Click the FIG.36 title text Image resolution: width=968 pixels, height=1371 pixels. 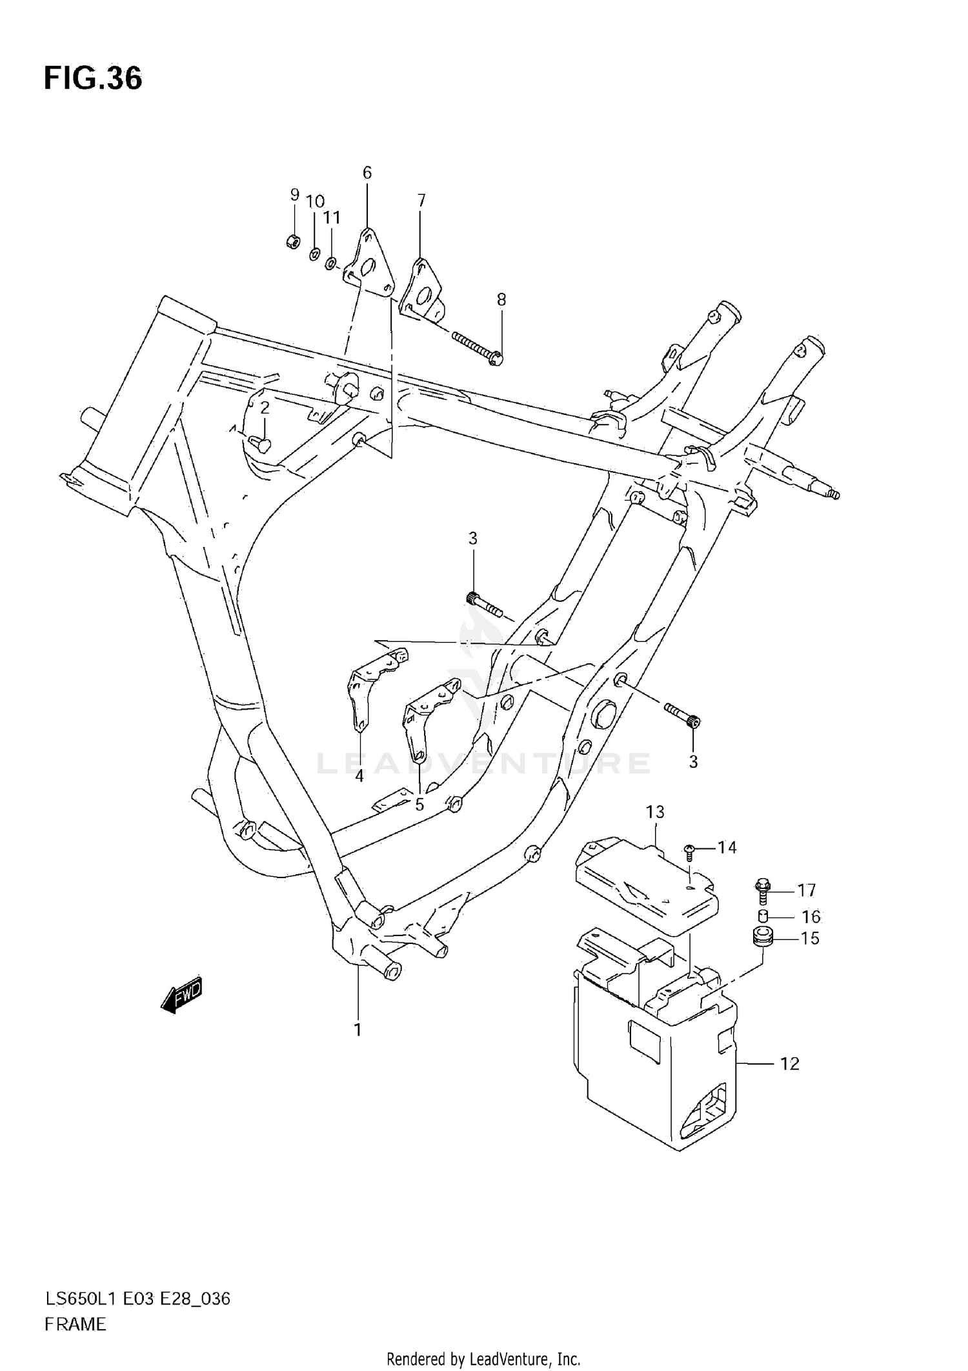click(93, 79)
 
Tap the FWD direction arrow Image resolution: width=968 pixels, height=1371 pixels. click(182, 997)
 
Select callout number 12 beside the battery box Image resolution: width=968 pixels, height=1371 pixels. click(789, 1064)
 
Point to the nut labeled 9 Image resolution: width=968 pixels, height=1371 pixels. click(292, 242)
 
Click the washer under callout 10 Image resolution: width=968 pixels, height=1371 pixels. click(314, 254)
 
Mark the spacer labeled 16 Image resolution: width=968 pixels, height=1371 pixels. click(762, 917)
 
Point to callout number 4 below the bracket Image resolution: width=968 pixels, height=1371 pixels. click(359, 777)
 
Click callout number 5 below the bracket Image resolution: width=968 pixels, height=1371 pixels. click(419, 805)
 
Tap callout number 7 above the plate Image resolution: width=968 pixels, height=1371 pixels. click(421, 200)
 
